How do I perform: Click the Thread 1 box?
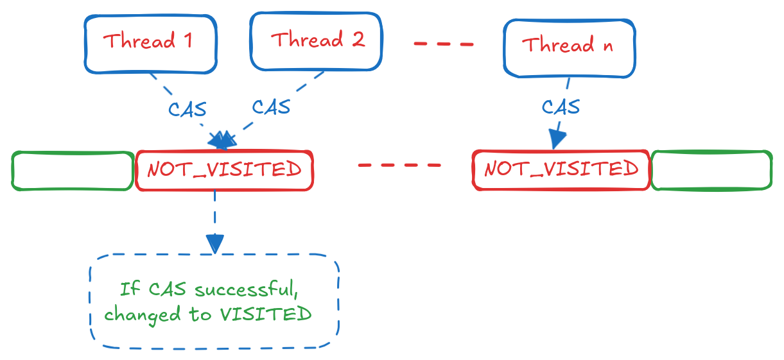[150, 43]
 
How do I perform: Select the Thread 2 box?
[317, 41]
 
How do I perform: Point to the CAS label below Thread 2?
[271, 107]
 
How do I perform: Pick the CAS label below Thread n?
[561, 106]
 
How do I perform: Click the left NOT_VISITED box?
[223, 171]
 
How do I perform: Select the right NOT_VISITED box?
[561, 170]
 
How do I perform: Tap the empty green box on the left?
[72, 171]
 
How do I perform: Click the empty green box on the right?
[711, 171]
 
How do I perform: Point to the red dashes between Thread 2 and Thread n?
[444, 44]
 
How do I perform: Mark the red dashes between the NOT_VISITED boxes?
[399, 165]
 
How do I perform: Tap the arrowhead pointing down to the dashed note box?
[214, 243]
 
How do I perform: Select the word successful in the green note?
[246, 289]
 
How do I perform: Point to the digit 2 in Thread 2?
[358, 40]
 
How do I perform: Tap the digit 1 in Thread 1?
[187, 41]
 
